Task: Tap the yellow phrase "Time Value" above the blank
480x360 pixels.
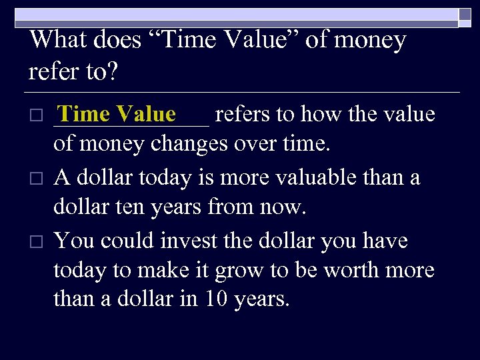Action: [x=117, y=114]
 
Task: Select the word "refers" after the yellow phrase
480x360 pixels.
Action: [x=243, y=115]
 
